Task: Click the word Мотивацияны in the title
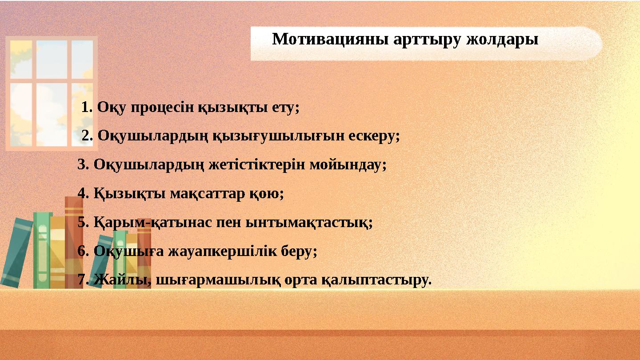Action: (331, 40)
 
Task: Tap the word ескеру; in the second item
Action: (374, 136)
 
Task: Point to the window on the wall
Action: (51, 93)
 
